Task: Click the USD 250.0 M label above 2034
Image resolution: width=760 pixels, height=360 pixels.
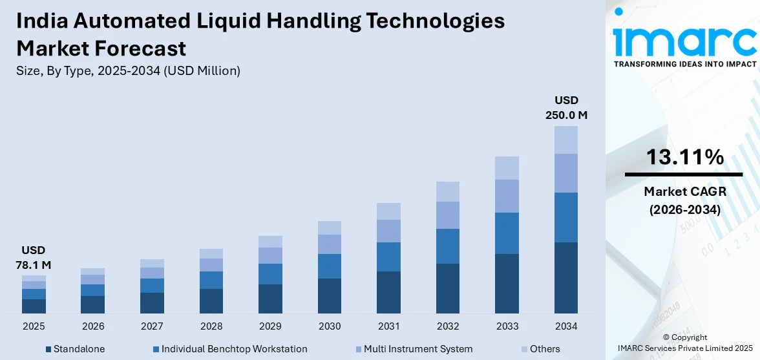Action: [x=566, y=108]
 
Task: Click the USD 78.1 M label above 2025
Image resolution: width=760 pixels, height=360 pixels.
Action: [x=34, y=257]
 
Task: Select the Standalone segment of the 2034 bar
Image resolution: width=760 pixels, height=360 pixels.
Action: [x=566, y=278]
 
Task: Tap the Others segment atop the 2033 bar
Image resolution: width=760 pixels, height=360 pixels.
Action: [x=507, y=168]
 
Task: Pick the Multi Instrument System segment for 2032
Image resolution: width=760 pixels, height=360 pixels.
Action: [x=448, y=215]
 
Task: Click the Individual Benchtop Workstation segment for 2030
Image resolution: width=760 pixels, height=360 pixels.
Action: [x=330, y=266]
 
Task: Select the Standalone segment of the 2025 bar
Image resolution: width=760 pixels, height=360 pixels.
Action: [x=34, y=306]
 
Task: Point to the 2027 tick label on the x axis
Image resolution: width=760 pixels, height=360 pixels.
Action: [x=153, y=326]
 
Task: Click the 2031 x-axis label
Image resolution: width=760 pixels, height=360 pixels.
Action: [x=388, y=326]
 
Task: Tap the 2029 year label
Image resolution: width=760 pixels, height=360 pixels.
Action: [x=270, y=326]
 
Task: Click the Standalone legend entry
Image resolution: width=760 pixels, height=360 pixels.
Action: [x=75, y=349]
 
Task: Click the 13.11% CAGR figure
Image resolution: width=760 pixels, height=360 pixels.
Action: [x=684, y=157]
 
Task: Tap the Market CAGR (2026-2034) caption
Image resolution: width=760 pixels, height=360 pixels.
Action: [x=684, y=200]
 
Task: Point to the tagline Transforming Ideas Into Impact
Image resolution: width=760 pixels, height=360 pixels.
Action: [x=684, y=64]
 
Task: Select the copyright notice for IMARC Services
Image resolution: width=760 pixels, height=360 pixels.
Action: [x=684, y=343]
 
